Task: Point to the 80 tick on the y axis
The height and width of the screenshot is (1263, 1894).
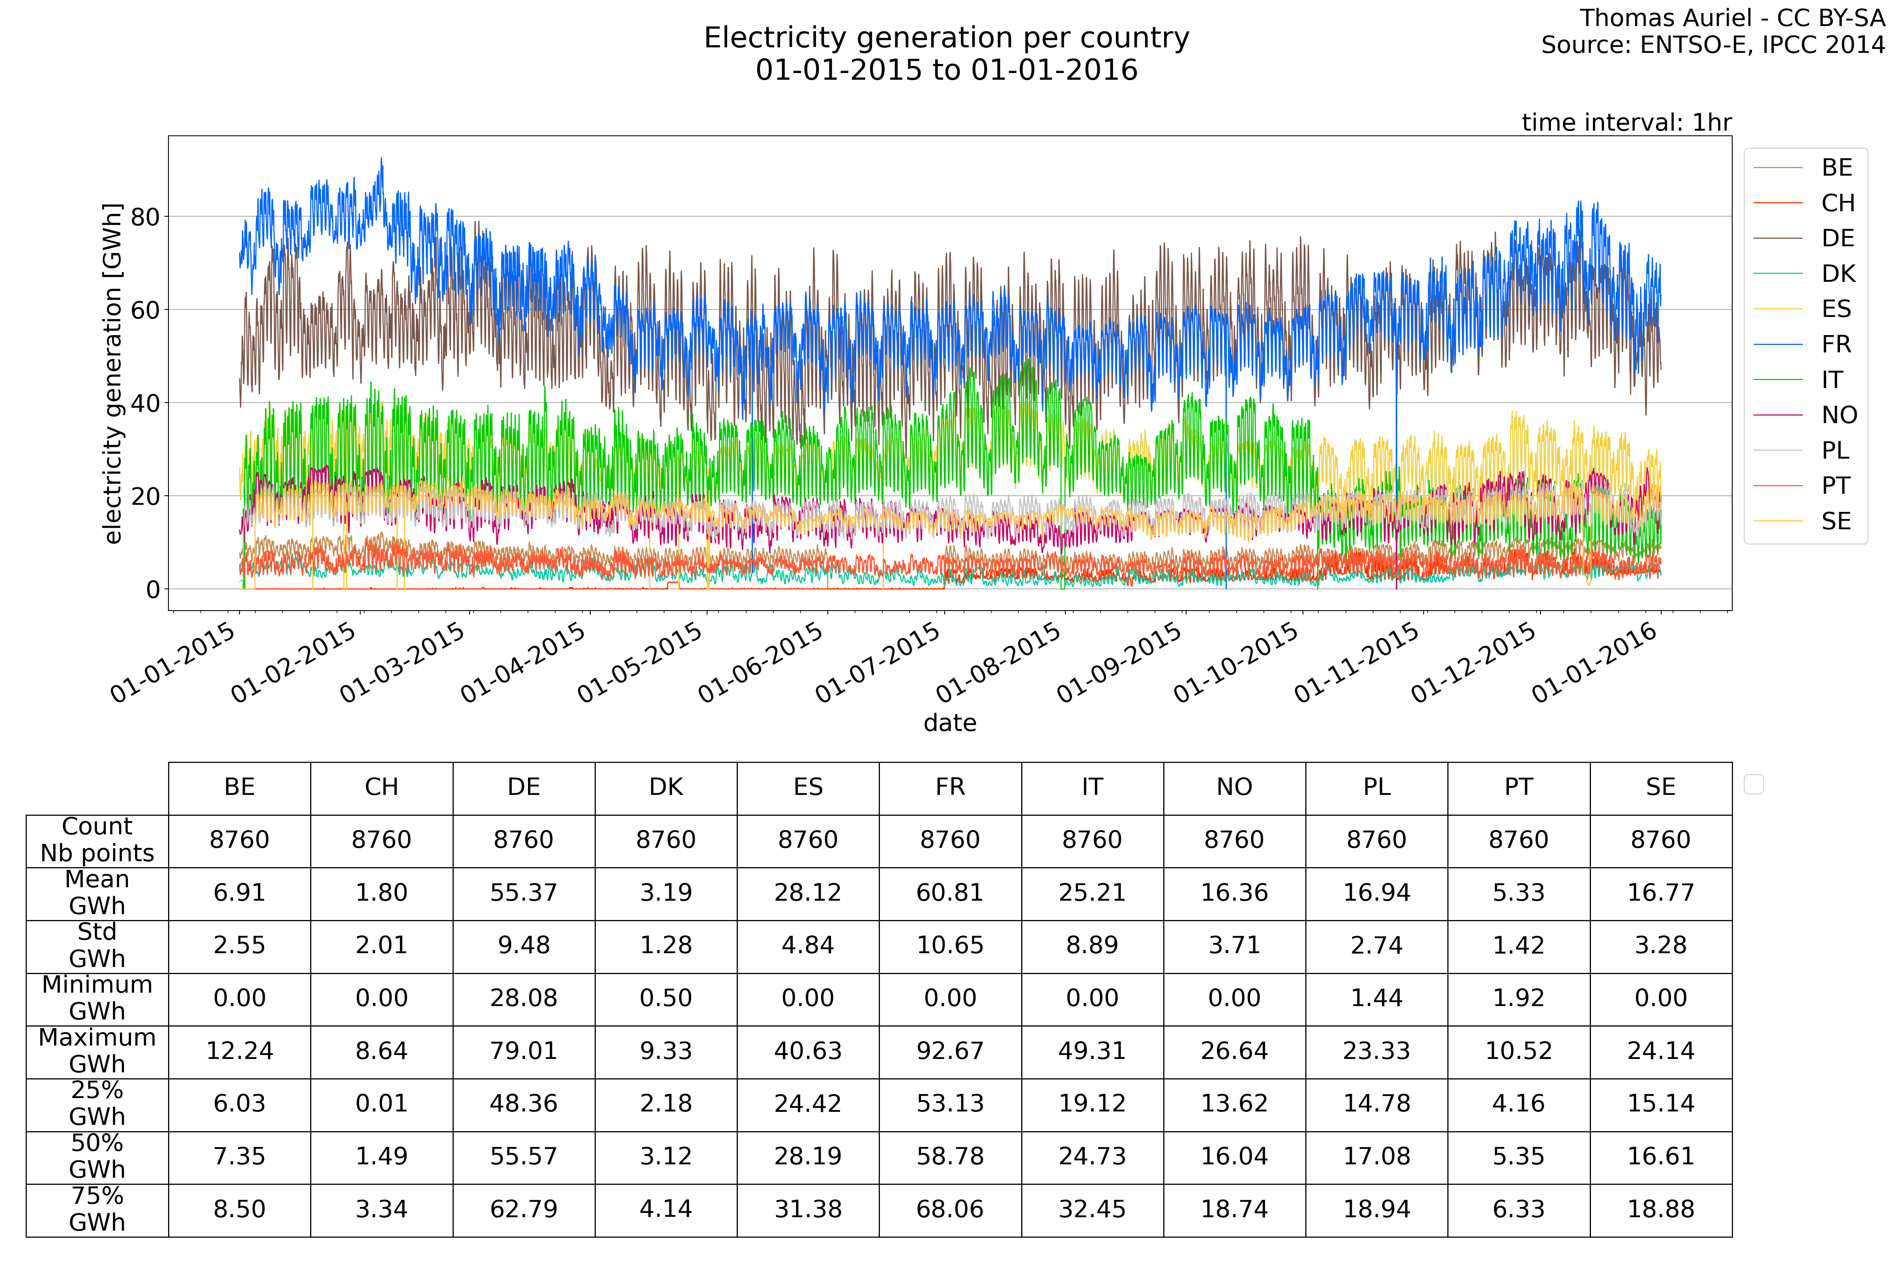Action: point(145,217)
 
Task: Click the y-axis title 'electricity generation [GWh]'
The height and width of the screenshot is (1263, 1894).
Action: point(113,374)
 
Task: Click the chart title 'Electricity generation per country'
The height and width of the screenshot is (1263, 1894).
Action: point(946,38)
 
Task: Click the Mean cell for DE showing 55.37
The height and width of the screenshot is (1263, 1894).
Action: point(524,892)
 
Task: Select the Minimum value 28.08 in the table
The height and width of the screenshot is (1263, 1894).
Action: point(524,998)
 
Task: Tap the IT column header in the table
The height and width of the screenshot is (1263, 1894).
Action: point(1092,787)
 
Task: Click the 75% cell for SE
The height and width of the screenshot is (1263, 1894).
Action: point(1660,1209)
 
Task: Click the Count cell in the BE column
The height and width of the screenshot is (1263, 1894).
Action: point(239,840)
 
